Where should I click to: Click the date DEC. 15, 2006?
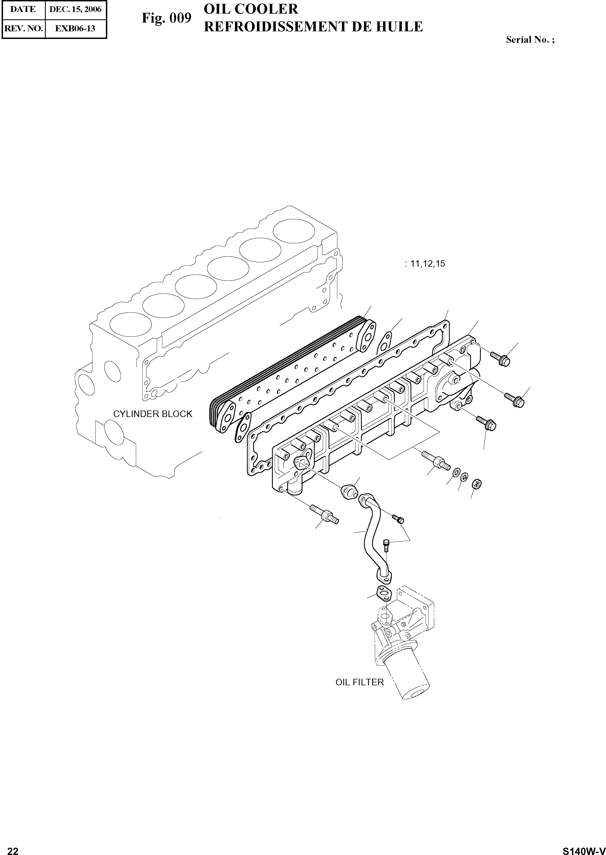point(75,9)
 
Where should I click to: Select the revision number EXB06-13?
point(75,28)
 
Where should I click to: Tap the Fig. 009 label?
point(166,18)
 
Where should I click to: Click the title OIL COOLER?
point(251,9)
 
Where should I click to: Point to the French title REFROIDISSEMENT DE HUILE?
point(313,26)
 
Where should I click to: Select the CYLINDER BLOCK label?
point(153,414)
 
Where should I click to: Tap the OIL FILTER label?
point(359,682)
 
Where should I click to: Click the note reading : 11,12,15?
point(425,264)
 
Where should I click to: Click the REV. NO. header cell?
point(23,28)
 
